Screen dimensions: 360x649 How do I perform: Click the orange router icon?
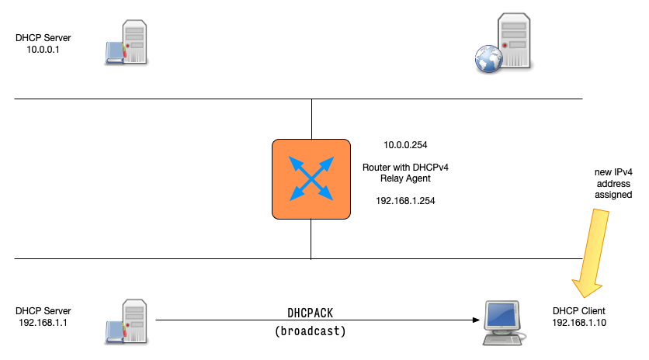click(311, 178)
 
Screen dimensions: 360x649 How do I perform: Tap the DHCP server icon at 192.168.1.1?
click(126, 320)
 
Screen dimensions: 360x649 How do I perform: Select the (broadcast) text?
click(311, 331)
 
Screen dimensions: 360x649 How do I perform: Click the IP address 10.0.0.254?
click(405, 145)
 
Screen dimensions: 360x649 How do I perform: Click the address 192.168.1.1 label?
click(43, 322)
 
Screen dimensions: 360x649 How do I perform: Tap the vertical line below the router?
click(311, 238)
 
